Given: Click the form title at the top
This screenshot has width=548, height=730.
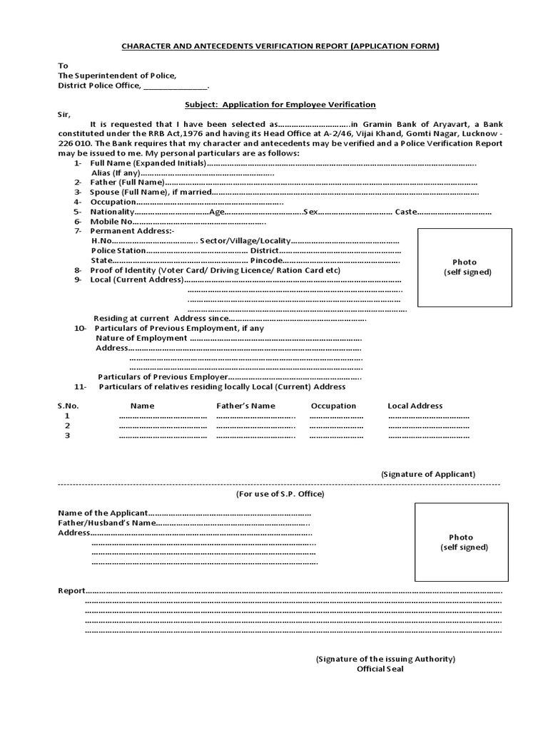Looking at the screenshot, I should click(280, 46).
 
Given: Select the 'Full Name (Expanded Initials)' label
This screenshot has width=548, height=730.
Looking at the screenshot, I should click(148, 163).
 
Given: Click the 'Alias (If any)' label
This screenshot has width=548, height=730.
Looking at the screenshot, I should click(116, 173).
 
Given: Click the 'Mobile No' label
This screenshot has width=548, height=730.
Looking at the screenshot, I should click(111, 222).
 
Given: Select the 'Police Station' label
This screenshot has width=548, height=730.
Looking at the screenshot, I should click(118, 251).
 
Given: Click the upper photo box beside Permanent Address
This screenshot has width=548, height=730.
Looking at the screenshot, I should click(465, 267).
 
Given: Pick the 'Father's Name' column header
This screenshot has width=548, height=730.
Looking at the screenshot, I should click(245, 406).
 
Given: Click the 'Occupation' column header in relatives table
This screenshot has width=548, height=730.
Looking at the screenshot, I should click(333, 406).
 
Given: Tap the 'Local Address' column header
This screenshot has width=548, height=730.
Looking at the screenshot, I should click(415, 406).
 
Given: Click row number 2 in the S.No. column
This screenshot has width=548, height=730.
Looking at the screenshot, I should click(68, 426).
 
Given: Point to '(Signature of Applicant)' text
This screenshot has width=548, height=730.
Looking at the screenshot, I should click(427, 474).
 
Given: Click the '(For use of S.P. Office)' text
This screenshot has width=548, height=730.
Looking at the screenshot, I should click(280, 494).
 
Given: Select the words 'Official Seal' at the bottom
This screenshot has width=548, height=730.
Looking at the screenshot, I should click(385, 669).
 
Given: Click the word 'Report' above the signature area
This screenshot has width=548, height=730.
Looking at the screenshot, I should click(71, 591).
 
